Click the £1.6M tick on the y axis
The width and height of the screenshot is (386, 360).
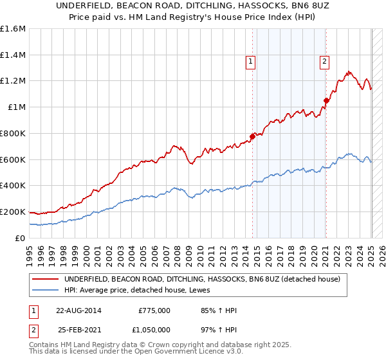[13, 29]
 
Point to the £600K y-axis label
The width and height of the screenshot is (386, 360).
[13, 159]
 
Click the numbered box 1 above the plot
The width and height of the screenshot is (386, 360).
[250, 62]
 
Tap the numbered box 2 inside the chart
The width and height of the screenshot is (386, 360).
[324, 62]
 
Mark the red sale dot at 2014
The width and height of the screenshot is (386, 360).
[252, 136]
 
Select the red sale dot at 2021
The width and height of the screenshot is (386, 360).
[326, 100]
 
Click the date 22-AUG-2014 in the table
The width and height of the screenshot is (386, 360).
[78, 310]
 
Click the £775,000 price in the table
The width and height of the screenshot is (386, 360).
[154, 310]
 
